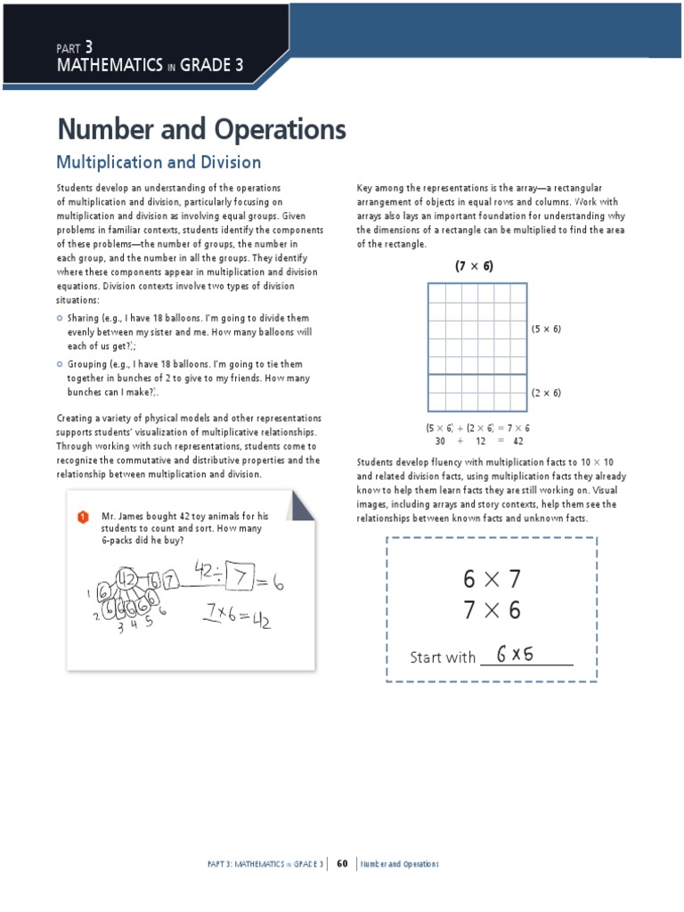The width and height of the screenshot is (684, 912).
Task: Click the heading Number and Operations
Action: pyautogui.click(x=201, y=130)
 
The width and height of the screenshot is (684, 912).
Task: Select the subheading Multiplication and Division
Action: pyautogui.click(x=159, y=162)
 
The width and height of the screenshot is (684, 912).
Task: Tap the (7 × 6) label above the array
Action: pyautogui.click(x=474, y=265)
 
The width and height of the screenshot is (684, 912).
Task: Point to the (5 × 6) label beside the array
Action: pyautogui.click(x=546, y=329)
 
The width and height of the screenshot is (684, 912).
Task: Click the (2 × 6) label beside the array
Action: pyautogui.click(x=546, y=393)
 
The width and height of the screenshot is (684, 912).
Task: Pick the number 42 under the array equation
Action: pyautogui.click(x=518, y=441)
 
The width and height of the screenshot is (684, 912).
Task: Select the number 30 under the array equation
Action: pyautogui.click(x=440, y=441)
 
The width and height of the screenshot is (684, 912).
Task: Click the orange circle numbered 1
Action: pyautogui.click(x=83, y=517)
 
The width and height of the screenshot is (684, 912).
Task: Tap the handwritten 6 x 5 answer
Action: pyautogui.click(x=516, y=655)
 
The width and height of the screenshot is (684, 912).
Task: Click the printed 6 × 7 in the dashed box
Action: pyautogui.click(x=491, y=579)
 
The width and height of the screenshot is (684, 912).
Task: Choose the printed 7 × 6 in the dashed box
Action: pyautogui.click(x=491, y=611)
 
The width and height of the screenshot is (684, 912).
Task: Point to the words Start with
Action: pyautogui.click(x=443, y=657)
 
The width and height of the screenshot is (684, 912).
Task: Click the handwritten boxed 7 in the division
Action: pyautogui.click(x=240, y=580)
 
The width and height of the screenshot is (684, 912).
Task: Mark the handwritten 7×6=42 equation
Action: pyautogui.click(x=238, y=616)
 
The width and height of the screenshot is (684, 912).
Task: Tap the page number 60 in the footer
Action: pyautogui.click(x=341, y=864)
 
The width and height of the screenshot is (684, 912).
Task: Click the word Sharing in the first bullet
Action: pyautogui.click(x=84, y=318)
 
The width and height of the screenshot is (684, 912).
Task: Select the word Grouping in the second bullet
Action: pyautogui.click(x=86, y=364)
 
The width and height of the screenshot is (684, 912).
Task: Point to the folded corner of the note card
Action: pyautogui.click(x=300, y=508)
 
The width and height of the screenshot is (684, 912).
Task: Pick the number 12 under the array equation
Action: pyautogui.click(x=480, y=441)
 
